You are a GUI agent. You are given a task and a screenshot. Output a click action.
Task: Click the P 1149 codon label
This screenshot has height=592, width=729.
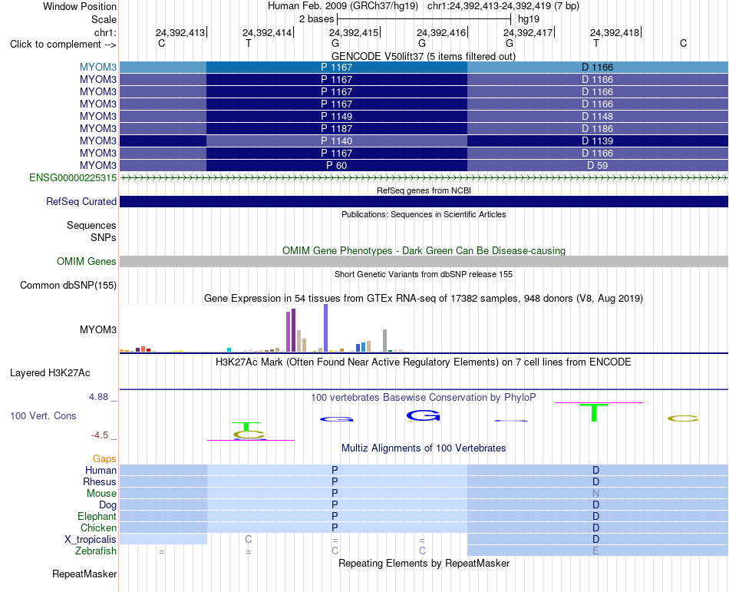[337, 116]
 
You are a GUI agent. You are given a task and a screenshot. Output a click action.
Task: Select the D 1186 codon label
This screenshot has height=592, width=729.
[598, 128]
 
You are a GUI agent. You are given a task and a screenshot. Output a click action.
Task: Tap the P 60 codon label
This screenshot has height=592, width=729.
[337, 166]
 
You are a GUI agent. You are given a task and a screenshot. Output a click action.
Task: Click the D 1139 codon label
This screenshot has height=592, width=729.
[598, 141]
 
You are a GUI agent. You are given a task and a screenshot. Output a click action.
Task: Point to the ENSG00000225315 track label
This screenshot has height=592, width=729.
[73, 177]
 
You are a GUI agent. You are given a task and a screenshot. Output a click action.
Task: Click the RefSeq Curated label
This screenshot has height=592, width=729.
[81, 201]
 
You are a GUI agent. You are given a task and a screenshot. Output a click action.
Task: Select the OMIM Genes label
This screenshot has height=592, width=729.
[87, 261]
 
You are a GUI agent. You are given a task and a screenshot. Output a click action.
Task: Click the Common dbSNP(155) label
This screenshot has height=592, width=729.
[68, 285]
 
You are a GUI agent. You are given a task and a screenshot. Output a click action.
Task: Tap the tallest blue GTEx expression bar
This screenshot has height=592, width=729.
[326, 328]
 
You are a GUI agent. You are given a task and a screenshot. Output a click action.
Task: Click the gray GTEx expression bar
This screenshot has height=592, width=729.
[385, 340]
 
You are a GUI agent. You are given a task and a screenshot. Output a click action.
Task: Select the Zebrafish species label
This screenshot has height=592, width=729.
[96, 551]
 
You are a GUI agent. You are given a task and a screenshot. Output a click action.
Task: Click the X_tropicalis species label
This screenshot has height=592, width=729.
[91, 540]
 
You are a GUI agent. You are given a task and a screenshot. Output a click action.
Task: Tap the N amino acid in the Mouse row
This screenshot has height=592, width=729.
[596, 493]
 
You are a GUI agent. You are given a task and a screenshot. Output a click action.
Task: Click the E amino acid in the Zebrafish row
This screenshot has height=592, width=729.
[596, 551]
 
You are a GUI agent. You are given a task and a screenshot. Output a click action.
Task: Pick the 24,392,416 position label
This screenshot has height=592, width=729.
[441, 32]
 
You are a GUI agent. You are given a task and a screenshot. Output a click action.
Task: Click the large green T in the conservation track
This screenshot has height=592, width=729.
[594, 413]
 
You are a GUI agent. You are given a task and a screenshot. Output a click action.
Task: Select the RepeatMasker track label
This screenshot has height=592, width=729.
[84, 574]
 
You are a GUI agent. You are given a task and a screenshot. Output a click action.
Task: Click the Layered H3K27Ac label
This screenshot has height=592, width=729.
[50, 373]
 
